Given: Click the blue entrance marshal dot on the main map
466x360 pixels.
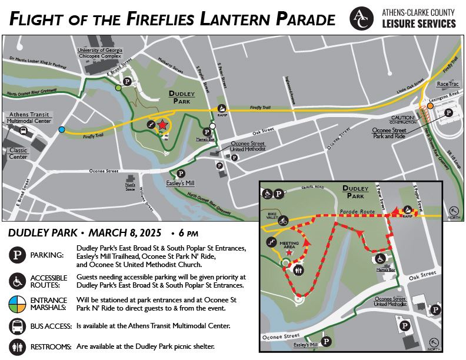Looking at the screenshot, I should (62, 129).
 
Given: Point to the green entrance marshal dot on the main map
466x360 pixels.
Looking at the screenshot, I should (119, 88).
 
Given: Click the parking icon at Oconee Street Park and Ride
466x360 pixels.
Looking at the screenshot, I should (448, 112).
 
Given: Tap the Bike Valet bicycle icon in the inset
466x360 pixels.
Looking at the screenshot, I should (283, 221).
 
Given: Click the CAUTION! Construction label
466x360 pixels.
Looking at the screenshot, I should (403, 120).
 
